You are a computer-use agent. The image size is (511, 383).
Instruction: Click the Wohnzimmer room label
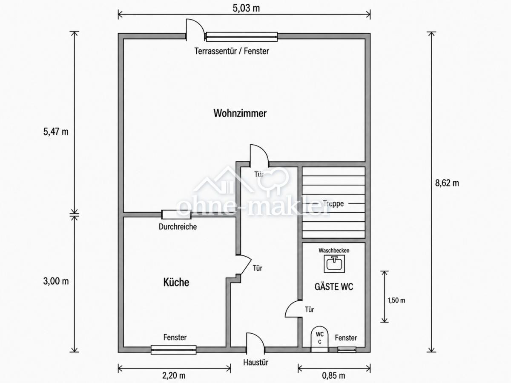coord(240,113)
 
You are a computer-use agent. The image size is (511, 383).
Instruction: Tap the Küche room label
coord(176,282)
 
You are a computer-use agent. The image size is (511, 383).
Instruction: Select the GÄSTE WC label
coord(334,287)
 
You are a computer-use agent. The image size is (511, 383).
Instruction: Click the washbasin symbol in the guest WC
coord(334,264)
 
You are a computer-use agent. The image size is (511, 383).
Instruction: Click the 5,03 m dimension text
coord(246,9)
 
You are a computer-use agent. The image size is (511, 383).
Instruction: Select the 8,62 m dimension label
coord(447,183)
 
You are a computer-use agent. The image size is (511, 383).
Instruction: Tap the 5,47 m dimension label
coord(56,132)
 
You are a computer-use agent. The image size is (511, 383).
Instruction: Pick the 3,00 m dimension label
coord(56,281)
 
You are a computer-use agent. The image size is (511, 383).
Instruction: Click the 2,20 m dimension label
coord(174,376)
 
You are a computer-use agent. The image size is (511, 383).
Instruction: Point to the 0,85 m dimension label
coord(333,376)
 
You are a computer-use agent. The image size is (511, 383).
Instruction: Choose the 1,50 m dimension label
coord(396,300)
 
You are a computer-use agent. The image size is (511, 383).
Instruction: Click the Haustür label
coord(255,362)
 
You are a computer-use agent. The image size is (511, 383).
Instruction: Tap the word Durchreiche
coord(178,227)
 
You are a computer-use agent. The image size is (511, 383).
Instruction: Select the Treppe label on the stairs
coord(333,204)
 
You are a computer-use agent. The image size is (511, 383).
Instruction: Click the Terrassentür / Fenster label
coord(232,51)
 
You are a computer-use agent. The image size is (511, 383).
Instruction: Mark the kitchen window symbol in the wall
coord(173,349)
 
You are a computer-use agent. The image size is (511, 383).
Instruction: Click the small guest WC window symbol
coord(347,349)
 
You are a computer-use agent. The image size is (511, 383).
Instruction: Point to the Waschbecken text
coord(334,251)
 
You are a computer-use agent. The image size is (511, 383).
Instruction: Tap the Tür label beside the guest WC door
coord(310,309)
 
